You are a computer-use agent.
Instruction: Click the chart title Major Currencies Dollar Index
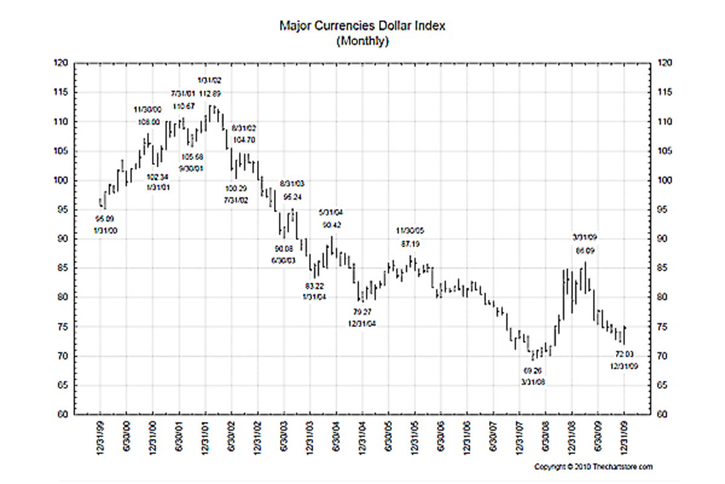362,26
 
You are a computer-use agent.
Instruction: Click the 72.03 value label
624,353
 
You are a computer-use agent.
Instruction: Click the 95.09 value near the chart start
105,218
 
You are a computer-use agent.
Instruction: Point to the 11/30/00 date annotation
147,110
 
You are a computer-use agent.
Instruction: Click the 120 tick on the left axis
63,63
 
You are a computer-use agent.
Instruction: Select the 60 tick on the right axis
662,414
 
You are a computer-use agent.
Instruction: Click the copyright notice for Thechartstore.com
593,467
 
